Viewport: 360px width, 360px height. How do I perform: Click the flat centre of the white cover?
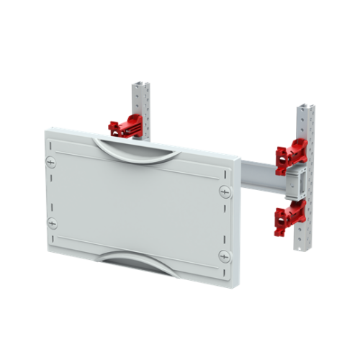tap(137, 205)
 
